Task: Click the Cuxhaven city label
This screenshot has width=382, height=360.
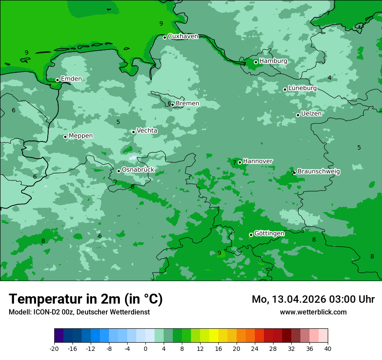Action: (x=183, y=36)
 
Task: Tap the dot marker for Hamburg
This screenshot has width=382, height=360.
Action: (x=256, y=62)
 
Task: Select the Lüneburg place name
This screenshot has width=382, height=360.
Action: (x=303, y=88)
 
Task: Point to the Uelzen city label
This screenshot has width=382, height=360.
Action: (x=311, y=114)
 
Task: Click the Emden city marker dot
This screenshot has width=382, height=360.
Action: (x=57, y=80)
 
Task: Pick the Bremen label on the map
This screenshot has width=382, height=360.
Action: (x=188, y=103)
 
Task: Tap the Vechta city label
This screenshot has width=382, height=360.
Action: (x=147, y=131)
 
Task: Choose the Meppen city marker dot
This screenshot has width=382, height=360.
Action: (x=66, y=137)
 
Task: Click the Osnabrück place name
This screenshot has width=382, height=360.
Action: (x=138, y=170)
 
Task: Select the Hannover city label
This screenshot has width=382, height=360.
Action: (x=258, y=161)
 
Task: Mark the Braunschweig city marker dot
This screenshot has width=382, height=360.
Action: (x=294, y=173)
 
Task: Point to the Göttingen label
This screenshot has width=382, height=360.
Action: (x=269, y=233)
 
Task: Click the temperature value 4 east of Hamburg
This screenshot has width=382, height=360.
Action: (x=329, y=78)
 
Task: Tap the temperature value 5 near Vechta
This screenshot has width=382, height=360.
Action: (x=118, y=122)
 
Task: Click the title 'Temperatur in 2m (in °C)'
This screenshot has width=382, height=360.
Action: (x=86, y=299)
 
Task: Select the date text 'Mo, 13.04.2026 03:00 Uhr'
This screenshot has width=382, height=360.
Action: (x=313, y=299)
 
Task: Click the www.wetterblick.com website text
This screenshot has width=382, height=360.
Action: (x=313, y=312)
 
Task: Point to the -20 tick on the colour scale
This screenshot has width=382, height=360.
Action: (x=54, y=348)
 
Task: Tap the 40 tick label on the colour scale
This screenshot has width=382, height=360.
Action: (x=328, y=348)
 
